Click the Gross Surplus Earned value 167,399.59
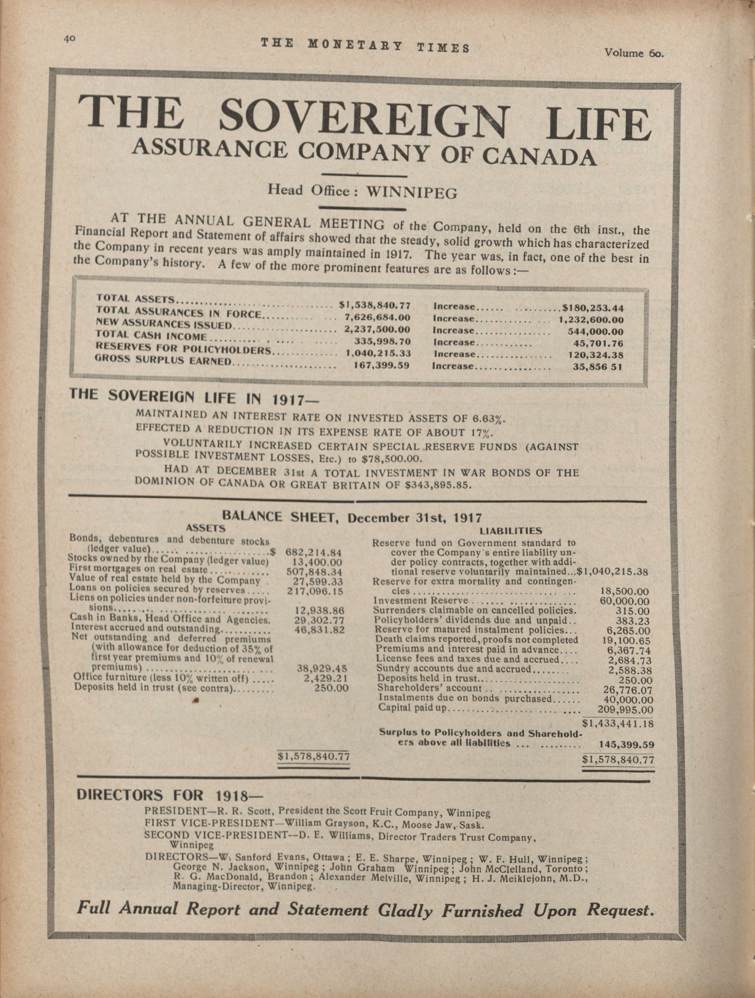pyautogui.click(x=381, y=365)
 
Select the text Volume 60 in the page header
pyautogui.click(x=634, y=53)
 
